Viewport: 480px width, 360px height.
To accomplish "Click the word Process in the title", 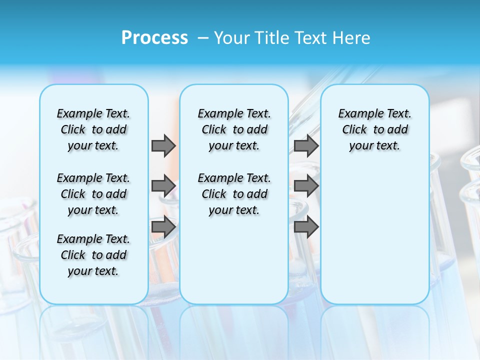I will click(154, 38).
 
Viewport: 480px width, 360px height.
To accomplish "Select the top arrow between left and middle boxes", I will click(163, 145).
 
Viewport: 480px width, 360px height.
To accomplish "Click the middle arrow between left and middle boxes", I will click(163, 186).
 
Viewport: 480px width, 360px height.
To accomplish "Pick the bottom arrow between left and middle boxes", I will click(163, 227).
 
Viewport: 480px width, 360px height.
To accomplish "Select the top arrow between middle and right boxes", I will click(306, 145).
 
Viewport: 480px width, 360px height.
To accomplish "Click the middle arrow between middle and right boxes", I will click(306, 186).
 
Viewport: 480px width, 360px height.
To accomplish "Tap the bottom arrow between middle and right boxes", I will click(306, 227).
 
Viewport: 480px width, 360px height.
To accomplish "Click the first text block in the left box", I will click(93, 129).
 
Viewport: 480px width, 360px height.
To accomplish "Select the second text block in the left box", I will click(93, 194).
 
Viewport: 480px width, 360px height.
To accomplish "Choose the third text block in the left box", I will click(93, 255).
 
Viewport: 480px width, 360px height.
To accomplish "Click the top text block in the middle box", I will click(234, 129).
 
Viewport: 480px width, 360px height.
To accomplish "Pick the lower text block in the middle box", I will click(234, 194).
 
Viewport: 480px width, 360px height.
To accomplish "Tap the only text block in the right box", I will click(374, 129).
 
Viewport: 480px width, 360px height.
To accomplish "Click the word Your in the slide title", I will click(231, 38).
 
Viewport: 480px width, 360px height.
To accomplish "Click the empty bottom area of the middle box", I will click(234, 265).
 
